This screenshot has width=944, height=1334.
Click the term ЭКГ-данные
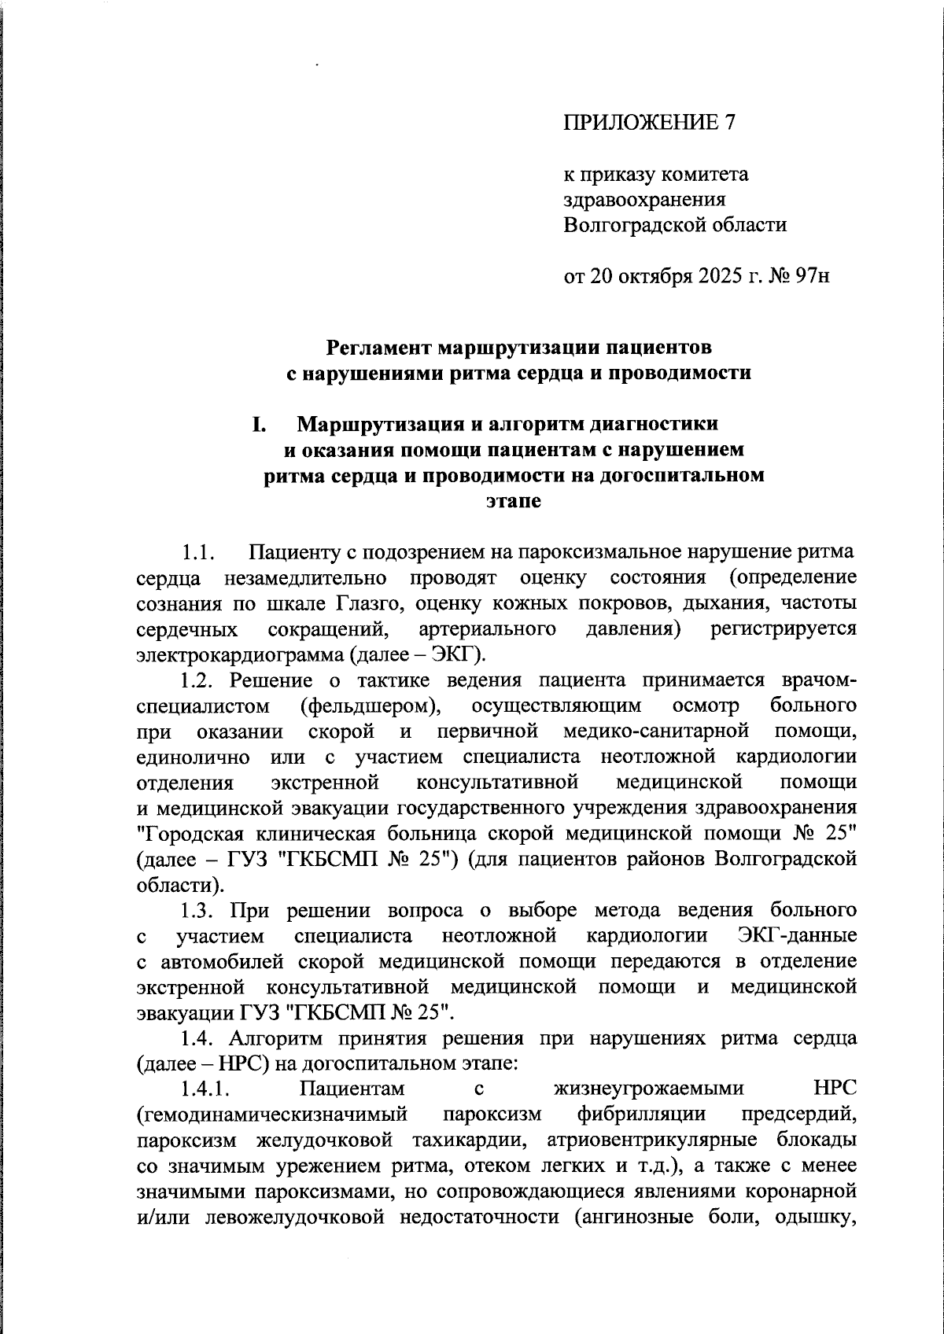tap(798, 936)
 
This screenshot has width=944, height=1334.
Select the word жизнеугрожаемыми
tap(648, 1089)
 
